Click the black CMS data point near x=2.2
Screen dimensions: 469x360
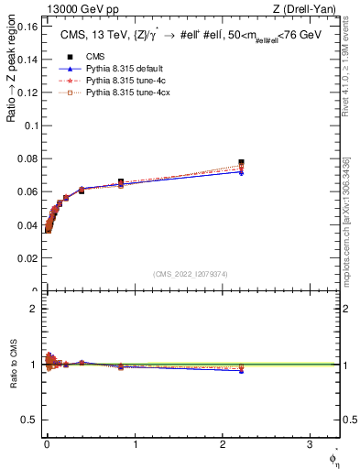point(241,162)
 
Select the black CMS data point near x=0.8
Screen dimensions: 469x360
point(120,181)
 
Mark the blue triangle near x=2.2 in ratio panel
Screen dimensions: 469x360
point(241,371)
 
